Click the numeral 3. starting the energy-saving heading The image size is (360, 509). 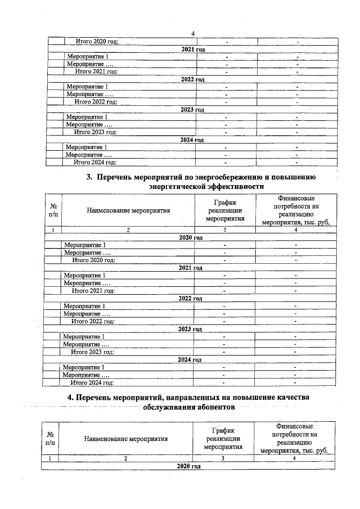(x=89, y=177)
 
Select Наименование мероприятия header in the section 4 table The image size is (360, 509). (x=126, y=438)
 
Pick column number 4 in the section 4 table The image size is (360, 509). (x=294, y=458)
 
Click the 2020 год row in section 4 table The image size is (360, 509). (x=188, y=467)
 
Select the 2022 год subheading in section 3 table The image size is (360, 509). (x=190, y=298)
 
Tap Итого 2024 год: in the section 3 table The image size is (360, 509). (x=91, y=382)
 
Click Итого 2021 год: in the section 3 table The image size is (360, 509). (x=93, y=291)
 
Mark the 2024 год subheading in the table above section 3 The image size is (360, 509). (x=191, y=140)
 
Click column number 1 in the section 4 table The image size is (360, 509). (x=51, y=458)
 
